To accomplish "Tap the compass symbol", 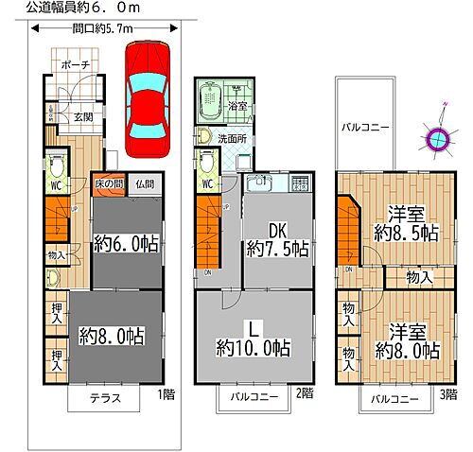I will [437, 139].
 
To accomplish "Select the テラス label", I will [105, 398].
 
